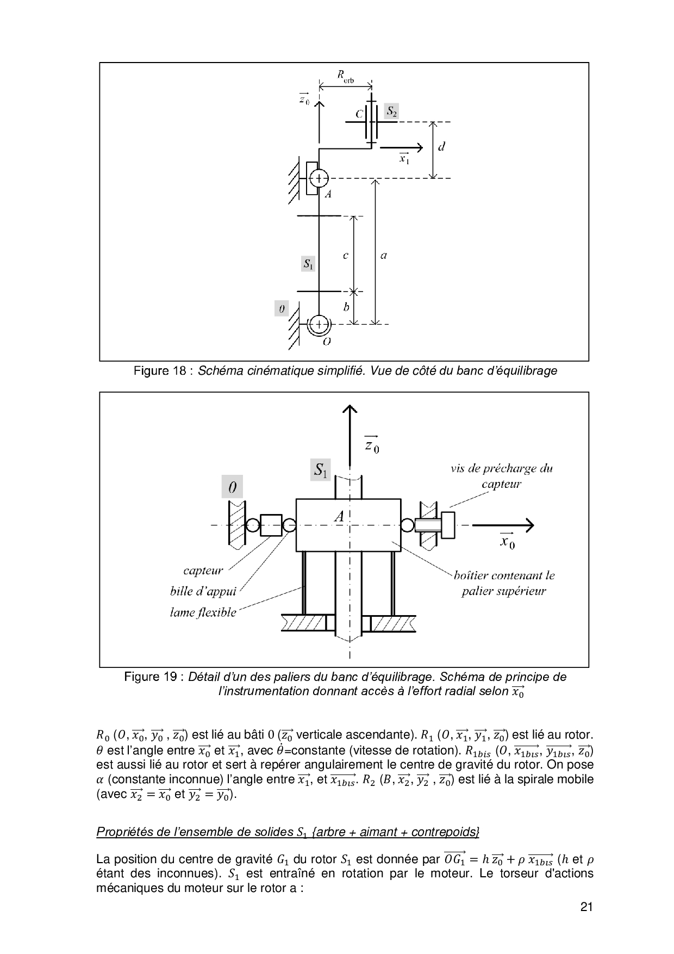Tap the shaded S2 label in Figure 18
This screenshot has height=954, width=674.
(x=391, y=111)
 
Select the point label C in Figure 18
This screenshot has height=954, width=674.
(x=359, y=114)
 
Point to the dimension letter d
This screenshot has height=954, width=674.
(x=441, y=147)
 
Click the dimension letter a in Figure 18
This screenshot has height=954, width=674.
(x=384, y=255)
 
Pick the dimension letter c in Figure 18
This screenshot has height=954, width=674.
(x=346, y=255)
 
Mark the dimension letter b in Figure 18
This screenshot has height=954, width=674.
(x=346, y=307)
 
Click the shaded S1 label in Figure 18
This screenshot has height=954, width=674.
(x=308, y=264)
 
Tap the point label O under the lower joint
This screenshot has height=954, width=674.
(x=327, y=342)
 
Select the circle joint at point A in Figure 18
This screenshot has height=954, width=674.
(x=319, y=178)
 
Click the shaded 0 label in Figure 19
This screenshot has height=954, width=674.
(x=233, y=487)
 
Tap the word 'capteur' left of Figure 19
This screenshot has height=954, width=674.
(x=203, y=571)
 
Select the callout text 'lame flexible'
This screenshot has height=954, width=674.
(x=203, y=612)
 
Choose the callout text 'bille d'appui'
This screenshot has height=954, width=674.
(x=203, y=591)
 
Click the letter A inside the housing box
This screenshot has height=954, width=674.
(x=339, y=516)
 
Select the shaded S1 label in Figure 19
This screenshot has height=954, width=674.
(x=320, y=469)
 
